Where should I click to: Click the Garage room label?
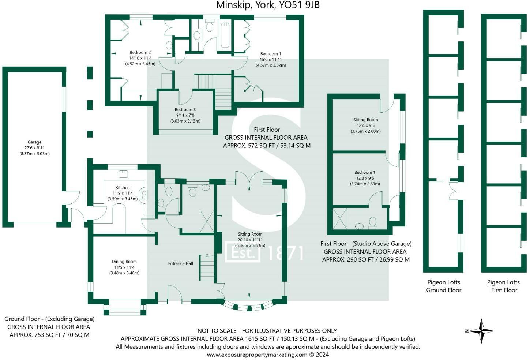(34, 142)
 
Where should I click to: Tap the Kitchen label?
(122, 187)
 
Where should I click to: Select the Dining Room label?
(124, 262)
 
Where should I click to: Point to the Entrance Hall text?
(181, 263)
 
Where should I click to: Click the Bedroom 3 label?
(185, 110)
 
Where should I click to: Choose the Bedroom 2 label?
(140, 53)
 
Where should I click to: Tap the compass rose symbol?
(481, 331)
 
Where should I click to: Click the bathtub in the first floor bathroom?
(225, 35)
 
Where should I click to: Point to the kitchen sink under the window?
(123, 174)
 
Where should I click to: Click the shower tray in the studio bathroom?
(340, 218)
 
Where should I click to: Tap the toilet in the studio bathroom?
(373, 223)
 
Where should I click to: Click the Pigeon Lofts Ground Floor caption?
(444, 286)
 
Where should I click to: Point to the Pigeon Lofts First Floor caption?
(504, 286)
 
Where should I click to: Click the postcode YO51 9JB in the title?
(300, 5)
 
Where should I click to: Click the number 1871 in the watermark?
(285, 253)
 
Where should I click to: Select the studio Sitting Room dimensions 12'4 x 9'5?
(365, 125)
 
